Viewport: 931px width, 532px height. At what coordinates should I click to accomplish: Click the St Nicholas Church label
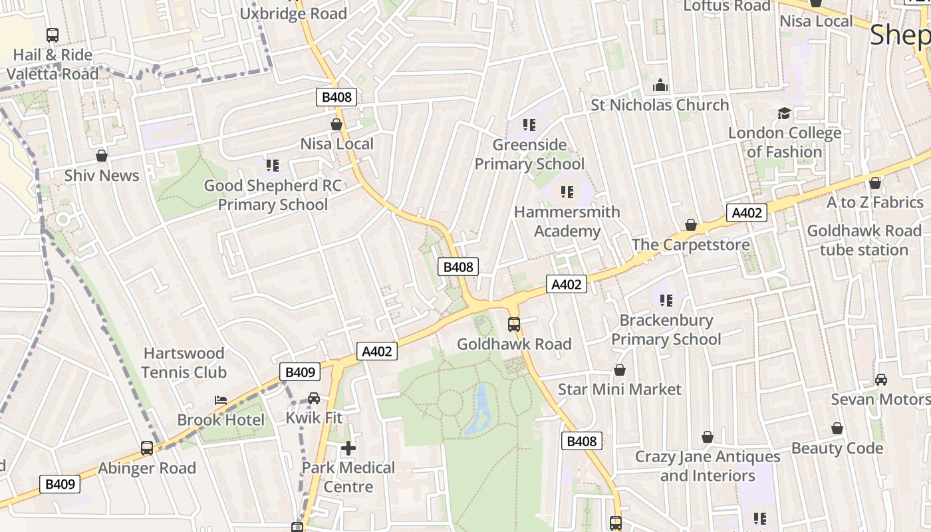pos(660,105)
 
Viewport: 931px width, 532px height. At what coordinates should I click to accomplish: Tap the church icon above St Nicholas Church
pos(660,85)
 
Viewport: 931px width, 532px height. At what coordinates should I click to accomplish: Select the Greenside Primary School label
pos(529,154)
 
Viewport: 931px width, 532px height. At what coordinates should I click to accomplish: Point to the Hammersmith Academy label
pos(567,221)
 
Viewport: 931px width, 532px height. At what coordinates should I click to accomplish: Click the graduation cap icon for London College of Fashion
pos(785,113)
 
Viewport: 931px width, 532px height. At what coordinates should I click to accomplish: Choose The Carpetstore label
pos(690,245)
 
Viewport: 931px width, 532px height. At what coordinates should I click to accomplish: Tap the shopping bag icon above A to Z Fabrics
pos(875,183)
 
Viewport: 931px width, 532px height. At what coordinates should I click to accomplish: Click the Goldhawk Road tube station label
pos(864,240)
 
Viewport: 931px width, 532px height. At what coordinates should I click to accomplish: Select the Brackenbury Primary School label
pos(666,330)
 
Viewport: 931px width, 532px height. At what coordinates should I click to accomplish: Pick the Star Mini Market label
pos(619,389)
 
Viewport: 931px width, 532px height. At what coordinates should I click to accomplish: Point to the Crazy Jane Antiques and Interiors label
pos(708,466)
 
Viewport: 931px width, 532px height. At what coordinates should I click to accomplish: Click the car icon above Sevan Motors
pos(881,380)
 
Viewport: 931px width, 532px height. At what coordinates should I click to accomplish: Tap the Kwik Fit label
pos(314,418)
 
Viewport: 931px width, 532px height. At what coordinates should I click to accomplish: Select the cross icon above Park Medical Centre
pos(348,448)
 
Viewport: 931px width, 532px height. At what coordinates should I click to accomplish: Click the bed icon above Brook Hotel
pos(221,400)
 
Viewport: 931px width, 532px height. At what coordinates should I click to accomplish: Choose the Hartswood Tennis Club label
pos(184,362)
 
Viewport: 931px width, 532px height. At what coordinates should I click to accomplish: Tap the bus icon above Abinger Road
pos(147,448)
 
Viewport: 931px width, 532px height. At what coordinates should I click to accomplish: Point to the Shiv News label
pos(102,176)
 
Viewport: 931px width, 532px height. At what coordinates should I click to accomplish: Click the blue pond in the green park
pos(479,408)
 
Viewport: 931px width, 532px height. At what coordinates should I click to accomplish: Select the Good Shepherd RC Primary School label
pos(273,195)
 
